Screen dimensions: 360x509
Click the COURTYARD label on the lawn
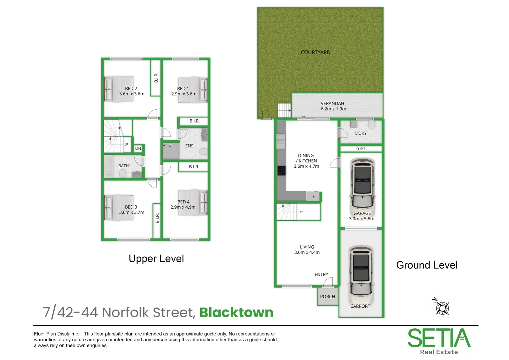click(315, 52)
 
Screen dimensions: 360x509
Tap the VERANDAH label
click(332, 103)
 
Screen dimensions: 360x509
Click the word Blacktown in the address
click(236, 313)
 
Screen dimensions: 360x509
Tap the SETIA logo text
click(439, 338)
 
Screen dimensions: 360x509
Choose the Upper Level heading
click(156, 259)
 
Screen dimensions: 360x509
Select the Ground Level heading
click(427, 265)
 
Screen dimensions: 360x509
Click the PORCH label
click(327, 296)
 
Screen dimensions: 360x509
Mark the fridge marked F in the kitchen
click(313, 196)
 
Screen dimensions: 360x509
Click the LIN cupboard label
click(138, 149)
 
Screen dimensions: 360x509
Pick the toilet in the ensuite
click(203, 152)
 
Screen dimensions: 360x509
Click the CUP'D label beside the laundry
click(361, 149)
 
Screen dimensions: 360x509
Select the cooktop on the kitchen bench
click(281, 170)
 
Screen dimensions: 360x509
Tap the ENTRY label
click(321, 274)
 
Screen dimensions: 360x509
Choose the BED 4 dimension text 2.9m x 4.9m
click(183, 207)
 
